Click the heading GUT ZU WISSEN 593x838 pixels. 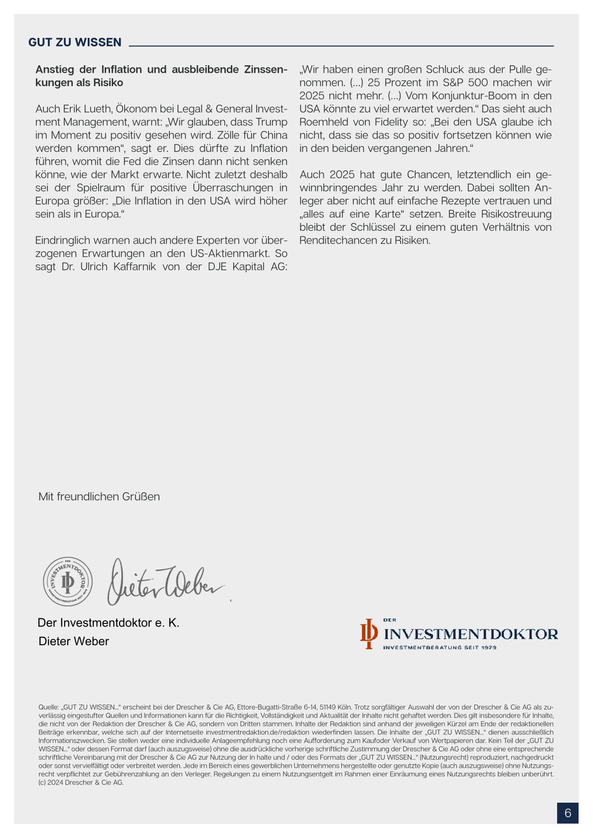(75, 42)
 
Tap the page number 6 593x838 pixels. (568, 813)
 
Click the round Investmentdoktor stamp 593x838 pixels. (68, 582)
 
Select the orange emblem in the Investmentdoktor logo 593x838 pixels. (369, 633)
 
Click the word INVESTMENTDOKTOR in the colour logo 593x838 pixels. (471, 634)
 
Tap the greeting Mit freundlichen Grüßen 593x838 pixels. (99, 496)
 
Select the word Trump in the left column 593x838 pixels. (271, 122)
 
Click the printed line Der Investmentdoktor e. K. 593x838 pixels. (108, 623)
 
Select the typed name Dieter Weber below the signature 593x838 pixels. (74, 641)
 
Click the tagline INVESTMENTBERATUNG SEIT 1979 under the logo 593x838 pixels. (440, 647)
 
